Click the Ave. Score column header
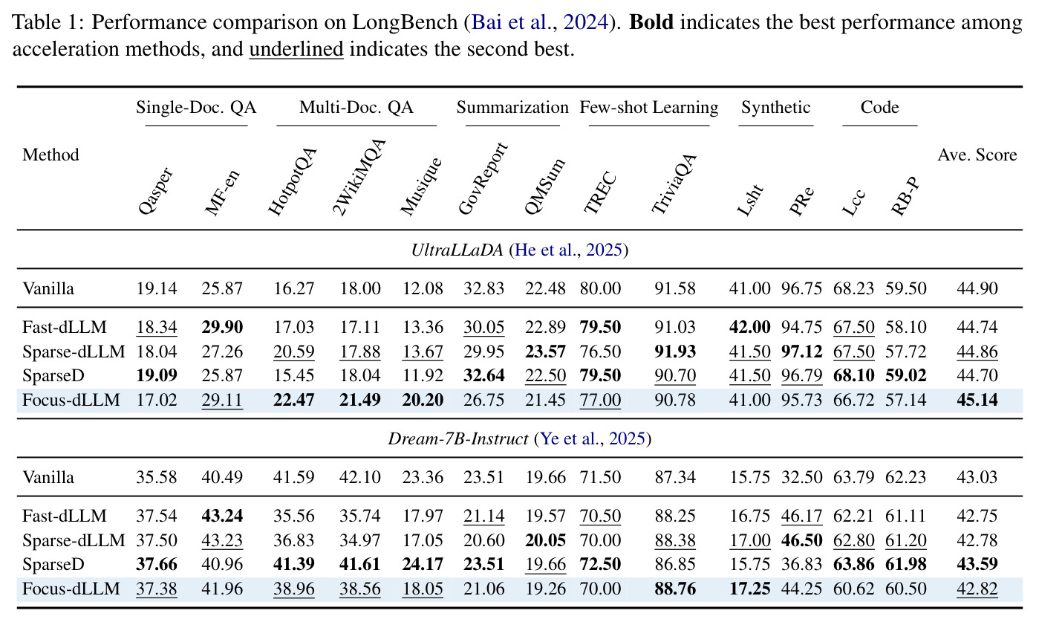(977, 155)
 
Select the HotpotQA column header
(293, 181)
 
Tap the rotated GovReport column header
(483, 178)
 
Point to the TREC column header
(600, 192)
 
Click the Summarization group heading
(512, 107)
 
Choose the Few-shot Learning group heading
(648, 107)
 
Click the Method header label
(51, 155)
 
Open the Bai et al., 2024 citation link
(539, 22)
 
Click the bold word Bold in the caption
(651, 22)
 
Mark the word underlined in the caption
(296, 49)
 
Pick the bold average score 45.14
(977, 400)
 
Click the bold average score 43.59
(977, 565)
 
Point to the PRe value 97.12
(801, 352)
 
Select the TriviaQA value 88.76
(675, 589)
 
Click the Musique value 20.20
(423, 400)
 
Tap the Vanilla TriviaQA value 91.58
(675, 289)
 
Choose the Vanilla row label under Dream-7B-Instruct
(48, 477)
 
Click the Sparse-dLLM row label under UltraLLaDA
(74, 352)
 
